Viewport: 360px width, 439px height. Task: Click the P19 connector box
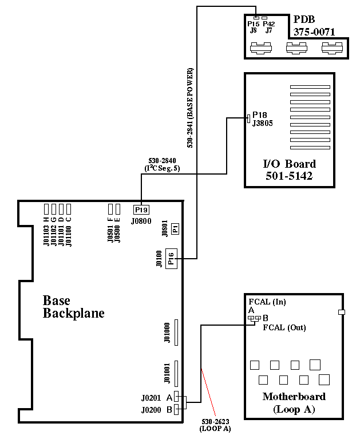(x=141, y=209)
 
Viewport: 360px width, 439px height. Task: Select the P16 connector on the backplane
(x=172, y=259)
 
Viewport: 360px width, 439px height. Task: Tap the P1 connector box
(x=175, y=228)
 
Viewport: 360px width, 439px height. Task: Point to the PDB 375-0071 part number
(x=314, y=33)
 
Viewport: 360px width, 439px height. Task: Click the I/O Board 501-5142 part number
(x=289, y=176)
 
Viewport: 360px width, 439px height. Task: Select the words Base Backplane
(x=74, y=307)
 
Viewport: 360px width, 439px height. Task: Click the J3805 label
(x=263, y=122)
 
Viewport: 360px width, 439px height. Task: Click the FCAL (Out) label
(x=284, y=328)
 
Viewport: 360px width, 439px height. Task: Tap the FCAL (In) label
(x=267, y=302)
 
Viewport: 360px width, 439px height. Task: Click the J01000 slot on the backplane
(x=176, y=333)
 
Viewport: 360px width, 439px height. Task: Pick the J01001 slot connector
(x=176, y=374)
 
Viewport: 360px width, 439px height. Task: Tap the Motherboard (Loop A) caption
(x=294, y=402)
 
